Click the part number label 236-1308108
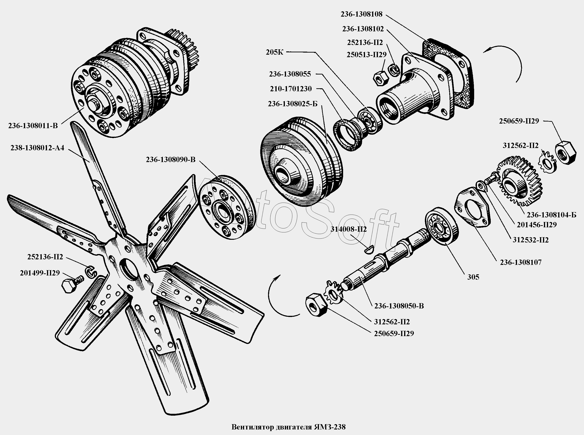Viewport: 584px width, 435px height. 362,14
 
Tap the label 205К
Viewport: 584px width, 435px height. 275,52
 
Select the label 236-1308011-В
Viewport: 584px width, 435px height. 33,126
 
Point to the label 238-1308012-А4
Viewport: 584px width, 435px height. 37,148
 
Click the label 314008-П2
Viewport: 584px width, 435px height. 349,229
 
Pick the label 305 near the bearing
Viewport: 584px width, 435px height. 473,277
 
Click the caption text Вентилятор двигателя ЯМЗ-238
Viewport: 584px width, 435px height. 289,427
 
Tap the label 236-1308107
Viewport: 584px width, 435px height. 521,262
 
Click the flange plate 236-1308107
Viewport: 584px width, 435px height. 473,207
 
